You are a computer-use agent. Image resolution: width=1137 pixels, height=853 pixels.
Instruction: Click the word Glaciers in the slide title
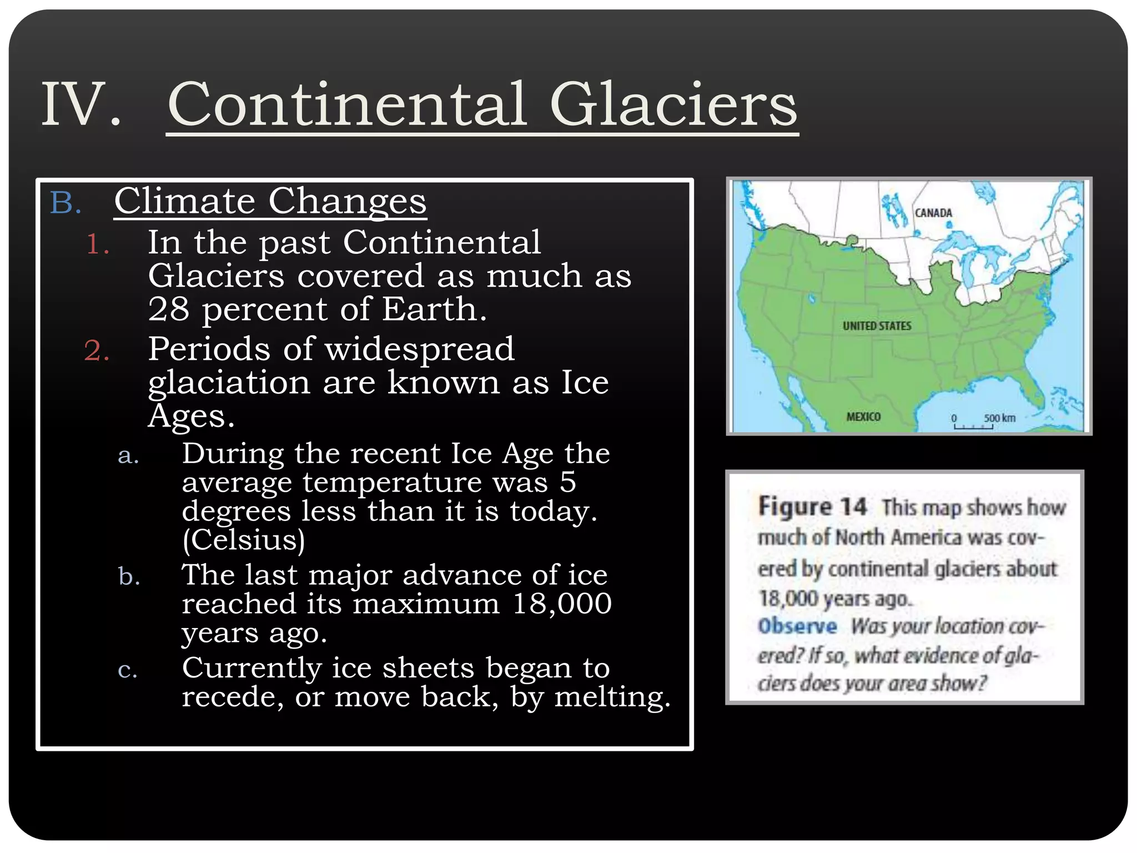(673, 104)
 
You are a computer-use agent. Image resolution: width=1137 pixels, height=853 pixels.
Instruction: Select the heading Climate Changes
(270, 201)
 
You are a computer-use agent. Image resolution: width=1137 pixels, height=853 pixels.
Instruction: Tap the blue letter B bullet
(66, 203)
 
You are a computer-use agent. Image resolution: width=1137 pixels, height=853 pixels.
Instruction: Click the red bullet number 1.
(98, 244)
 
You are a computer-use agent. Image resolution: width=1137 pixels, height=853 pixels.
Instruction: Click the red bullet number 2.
(97, 351)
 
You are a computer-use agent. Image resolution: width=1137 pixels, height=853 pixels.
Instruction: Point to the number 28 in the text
(168, 309)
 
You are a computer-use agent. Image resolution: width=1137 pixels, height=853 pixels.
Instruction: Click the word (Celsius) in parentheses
(244, 540)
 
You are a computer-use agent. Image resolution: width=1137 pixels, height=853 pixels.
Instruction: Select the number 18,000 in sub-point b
(562, 604)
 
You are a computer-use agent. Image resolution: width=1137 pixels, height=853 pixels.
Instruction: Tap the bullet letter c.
(128, 670)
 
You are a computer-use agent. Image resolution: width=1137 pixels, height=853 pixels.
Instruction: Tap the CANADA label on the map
(933, 213)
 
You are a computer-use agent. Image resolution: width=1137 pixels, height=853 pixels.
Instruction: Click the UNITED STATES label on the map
(877, 326)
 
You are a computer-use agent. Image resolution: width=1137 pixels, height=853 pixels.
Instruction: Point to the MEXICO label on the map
(863, 417)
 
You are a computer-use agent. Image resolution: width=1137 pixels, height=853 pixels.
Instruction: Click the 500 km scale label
(999, 418)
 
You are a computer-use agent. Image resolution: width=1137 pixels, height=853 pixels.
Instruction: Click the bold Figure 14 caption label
(812, 506)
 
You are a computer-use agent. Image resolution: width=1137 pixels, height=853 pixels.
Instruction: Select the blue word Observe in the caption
(797, 626)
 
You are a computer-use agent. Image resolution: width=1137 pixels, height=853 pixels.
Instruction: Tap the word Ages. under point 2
(192, 416)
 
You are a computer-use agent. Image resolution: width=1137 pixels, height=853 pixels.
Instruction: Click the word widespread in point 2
(420, 349)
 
